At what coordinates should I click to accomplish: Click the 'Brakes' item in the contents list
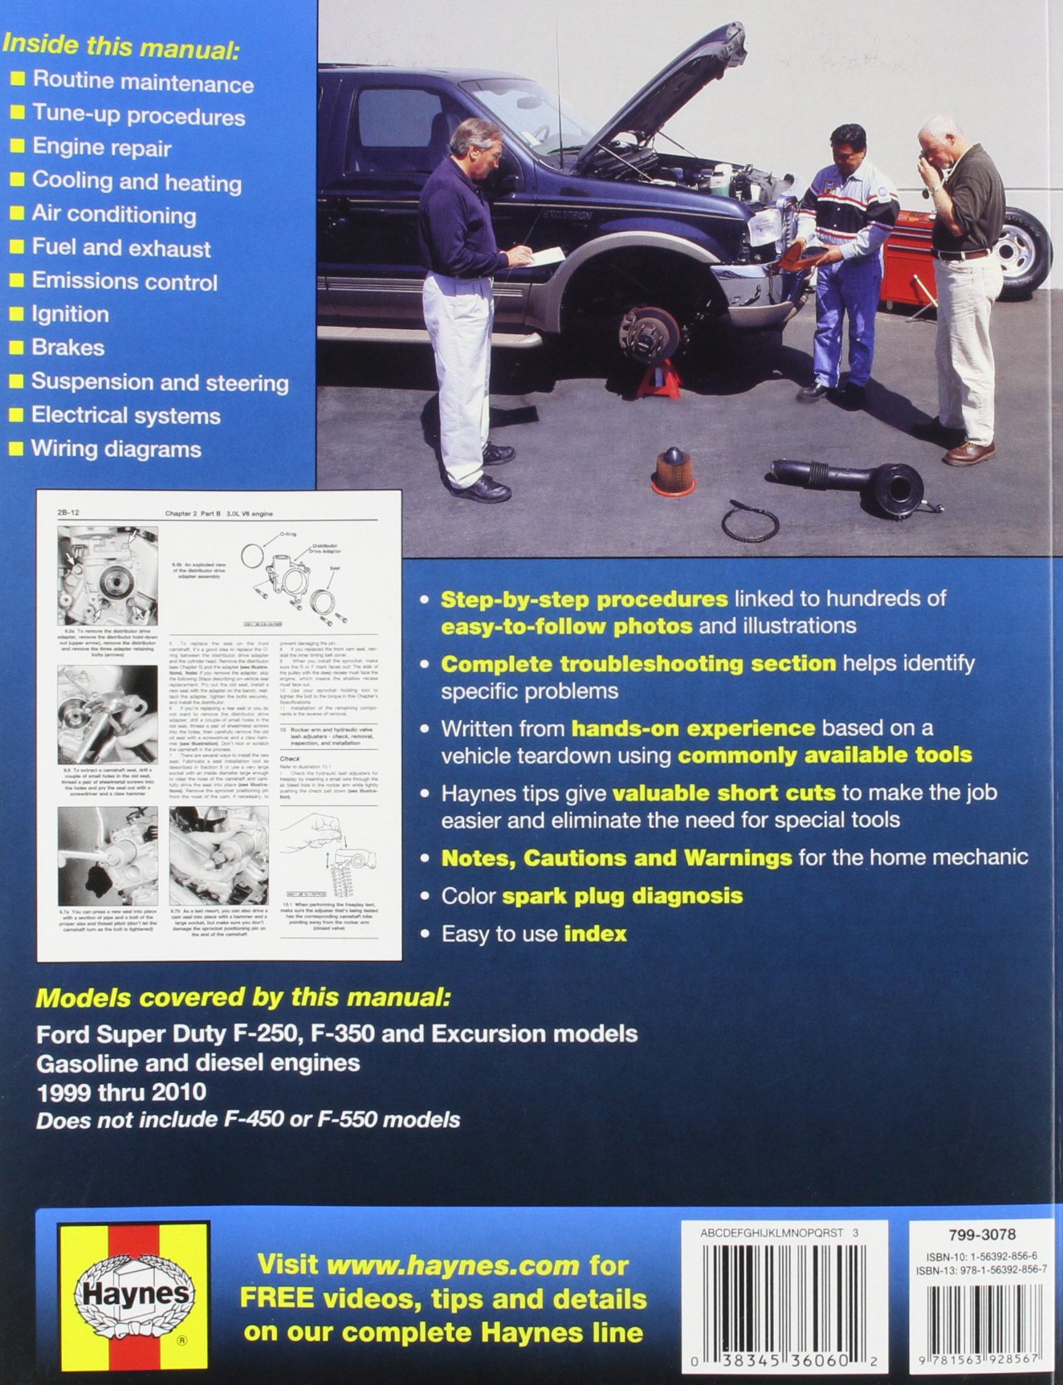tap(67, 348)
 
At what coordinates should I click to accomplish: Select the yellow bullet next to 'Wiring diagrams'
tap(16, 450)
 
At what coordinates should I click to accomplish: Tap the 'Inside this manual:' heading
tap(120, 46)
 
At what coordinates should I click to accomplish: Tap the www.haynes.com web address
tap(453, 1265)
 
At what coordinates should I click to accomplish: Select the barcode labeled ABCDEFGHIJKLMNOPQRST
tap(784, 1293)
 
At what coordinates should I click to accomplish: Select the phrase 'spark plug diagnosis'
tap(622, 896)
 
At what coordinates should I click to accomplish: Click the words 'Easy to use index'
tap(534, 934)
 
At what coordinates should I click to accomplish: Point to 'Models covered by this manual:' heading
tap(243, 998)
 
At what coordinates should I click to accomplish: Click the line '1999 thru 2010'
tap(120, 1092)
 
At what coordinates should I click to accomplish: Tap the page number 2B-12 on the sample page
tap(69, 513)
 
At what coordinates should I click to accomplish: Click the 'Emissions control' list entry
tap(124, 282)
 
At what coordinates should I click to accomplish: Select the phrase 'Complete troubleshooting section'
tap(638, 664)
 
